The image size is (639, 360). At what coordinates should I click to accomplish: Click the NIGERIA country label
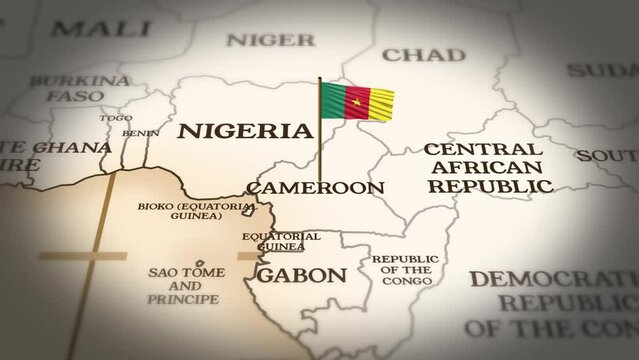245,131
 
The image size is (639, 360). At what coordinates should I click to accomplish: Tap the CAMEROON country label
315,187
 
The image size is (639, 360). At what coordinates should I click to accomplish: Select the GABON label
302,275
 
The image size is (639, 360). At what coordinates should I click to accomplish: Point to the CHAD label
424,54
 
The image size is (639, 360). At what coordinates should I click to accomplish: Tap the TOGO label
115,118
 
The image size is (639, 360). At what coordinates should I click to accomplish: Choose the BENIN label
140,133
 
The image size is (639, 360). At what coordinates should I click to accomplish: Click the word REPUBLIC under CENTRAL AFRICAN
489,186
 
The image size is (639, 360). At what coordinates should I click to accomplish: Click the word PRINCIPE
183,299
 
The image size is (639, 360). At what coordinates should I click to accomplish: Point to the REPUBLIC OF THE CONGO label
405,270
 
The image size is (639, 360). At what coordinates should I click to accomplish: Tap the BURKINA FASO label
80,88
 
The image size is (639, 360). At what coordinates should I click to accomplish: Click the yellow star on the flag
357,99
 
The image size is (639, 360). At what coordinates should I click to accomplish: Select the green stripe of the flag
334,99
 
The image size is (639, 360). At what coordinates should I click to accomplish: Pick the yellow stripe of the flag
381,100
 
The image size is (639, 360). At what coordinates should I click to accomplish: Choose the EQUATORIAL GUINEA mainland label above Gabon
282,241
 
